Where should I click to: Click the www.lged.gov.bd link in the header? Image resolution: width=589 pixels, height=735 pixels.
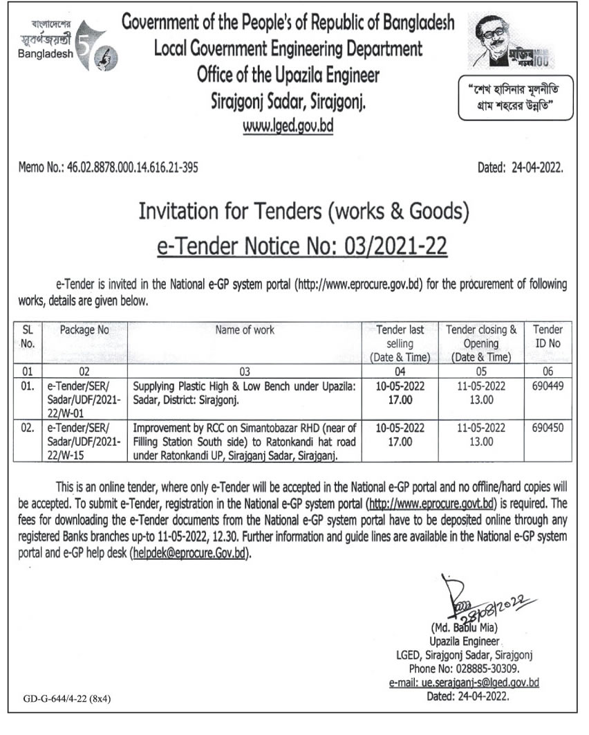288,128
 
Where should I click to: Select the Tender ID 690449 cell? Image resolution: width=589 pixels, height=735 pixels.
548,386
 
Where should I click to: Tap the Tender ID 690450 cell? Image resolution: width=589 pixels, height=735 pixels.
548,428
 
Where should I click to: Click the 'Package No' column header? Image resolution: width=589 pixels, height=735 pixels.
84,330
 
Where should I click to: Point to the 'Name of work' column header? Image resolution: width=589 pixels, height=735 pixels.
245,330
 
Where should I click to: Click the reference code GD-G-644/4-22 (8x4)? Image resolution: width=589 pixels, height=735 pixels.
66,699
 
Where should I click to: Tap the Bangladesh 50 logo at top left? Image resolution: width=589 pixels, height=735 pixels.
66,46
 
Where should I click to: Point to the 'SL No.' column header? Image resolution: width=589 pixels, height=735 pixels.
28,336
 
